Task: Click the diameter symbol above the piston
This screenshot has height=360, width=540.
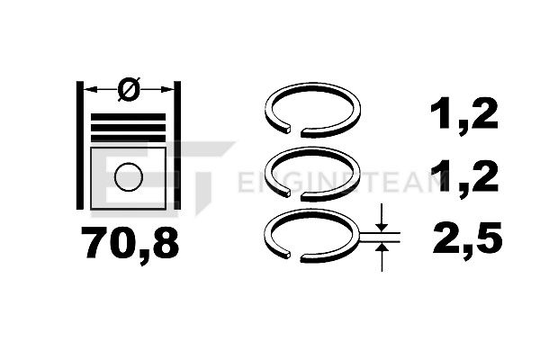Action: pos(129,89)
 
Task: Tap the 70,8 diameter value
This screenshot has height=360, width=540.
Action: pos(130,243)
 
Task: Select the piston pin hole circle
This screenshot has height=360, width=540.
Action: pos(129,176)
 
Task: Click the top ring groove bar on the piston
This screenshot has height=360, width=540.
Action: pos(128,117)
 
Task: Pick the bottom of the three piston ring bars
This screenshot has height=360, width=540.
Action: pos(128,139)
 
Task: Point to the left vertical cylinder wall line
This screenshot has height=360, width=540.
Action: pos(79,146)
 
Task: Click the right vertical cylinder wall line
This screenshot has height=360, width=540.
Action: pos(177,146)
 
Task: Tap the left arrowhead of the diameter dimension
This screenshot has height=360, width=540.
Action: pos(89,90)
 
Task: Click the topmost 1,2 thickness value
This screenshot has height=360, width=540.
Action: pos(463,113)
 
